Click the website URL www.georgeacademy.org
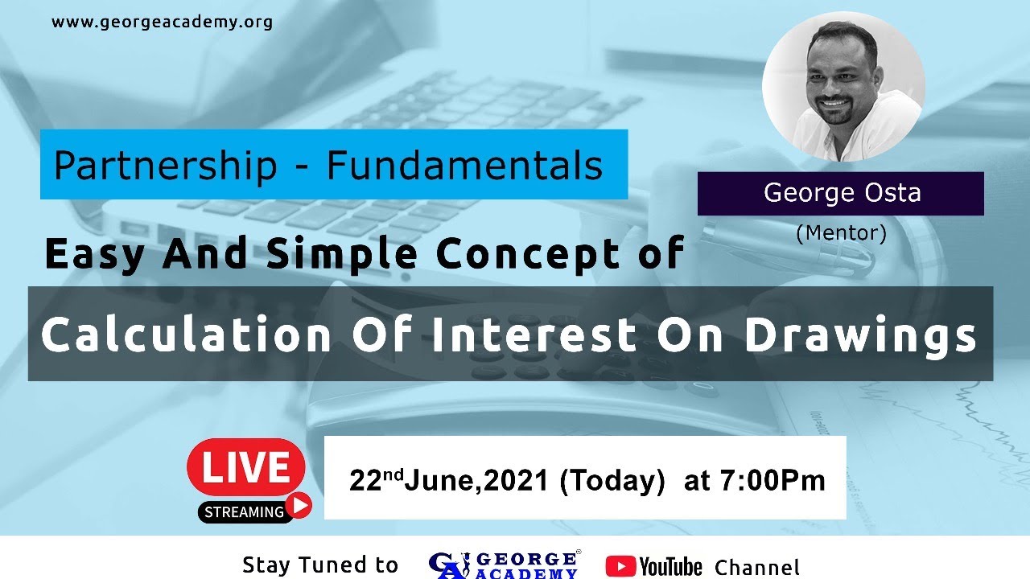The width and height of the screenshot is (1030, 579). pyautogui.click(x=162, y=22)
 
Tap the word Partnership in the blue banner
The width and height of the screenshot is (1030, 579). pyautogui.click(x=165, y=166)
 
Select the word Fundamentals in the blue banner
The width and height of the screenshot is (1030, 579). pyautogui.click(x=464, y=166)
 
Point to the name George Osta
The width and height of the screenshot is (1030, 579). pyautogui.click(x=842, y=193)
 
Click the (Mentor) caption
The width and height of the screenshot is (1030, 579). pyautogui.click(x=841, y=233)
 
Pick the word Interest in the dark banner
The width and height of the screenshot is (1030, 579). pyautogui.click(x=537, y=335)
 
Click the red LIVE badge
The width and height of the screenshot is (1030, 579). pyautogui.click(x=245, y=467)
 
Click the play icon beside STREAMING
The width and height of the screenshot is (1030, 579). pyautogui.click(x=299, y=505)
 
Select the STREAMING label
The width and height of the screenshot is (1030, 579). pyautogui.click(x=244, y=511)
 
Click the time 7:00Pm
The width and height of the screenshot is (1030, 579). pyautogui.click(x=775, y=481)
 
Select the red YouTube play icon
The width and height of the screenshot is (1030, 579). pyautogui.click(x=620, y=566)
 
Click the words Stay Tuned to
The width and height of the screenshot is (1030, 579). pyautogui.click(x=320, y=565)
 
